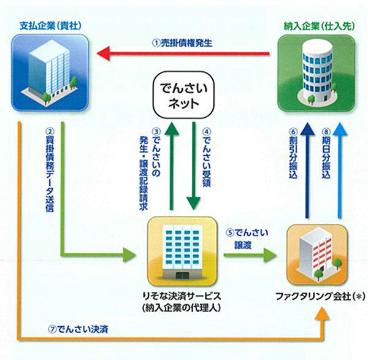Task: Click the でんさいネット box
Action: [x=183, y=95]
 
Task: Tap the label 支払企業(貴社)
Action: [x=50, y=26]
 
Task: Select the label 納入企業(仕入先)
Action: [x=320, y=26]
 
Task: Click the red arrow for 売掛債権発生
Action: [x=183, y=54]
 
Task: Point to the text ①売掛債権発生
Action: [x=182, y=43]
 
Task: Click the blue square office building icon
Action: [x=50, y=72]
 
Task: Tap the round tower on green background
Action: [x=316, y=73]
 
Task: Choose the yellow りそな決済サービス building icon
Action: [x=182, y=251]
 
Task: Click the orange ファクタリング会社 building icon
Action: [x=317, y=255]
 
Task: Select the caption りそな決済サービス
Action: [x=182, y=296]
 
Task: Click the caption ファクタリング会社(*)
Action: [x=320, y=297]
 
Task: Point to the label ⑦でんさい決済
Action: [x=78, y=329]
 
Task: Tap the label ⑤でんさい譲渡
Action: [x=247, y=239]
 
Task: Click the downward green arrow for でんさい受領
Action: [x=194, y=166]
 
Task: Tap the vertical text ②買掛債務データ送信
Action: [x=50, y=170]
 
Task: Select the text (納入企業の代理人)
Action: [x=182, y=308]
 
